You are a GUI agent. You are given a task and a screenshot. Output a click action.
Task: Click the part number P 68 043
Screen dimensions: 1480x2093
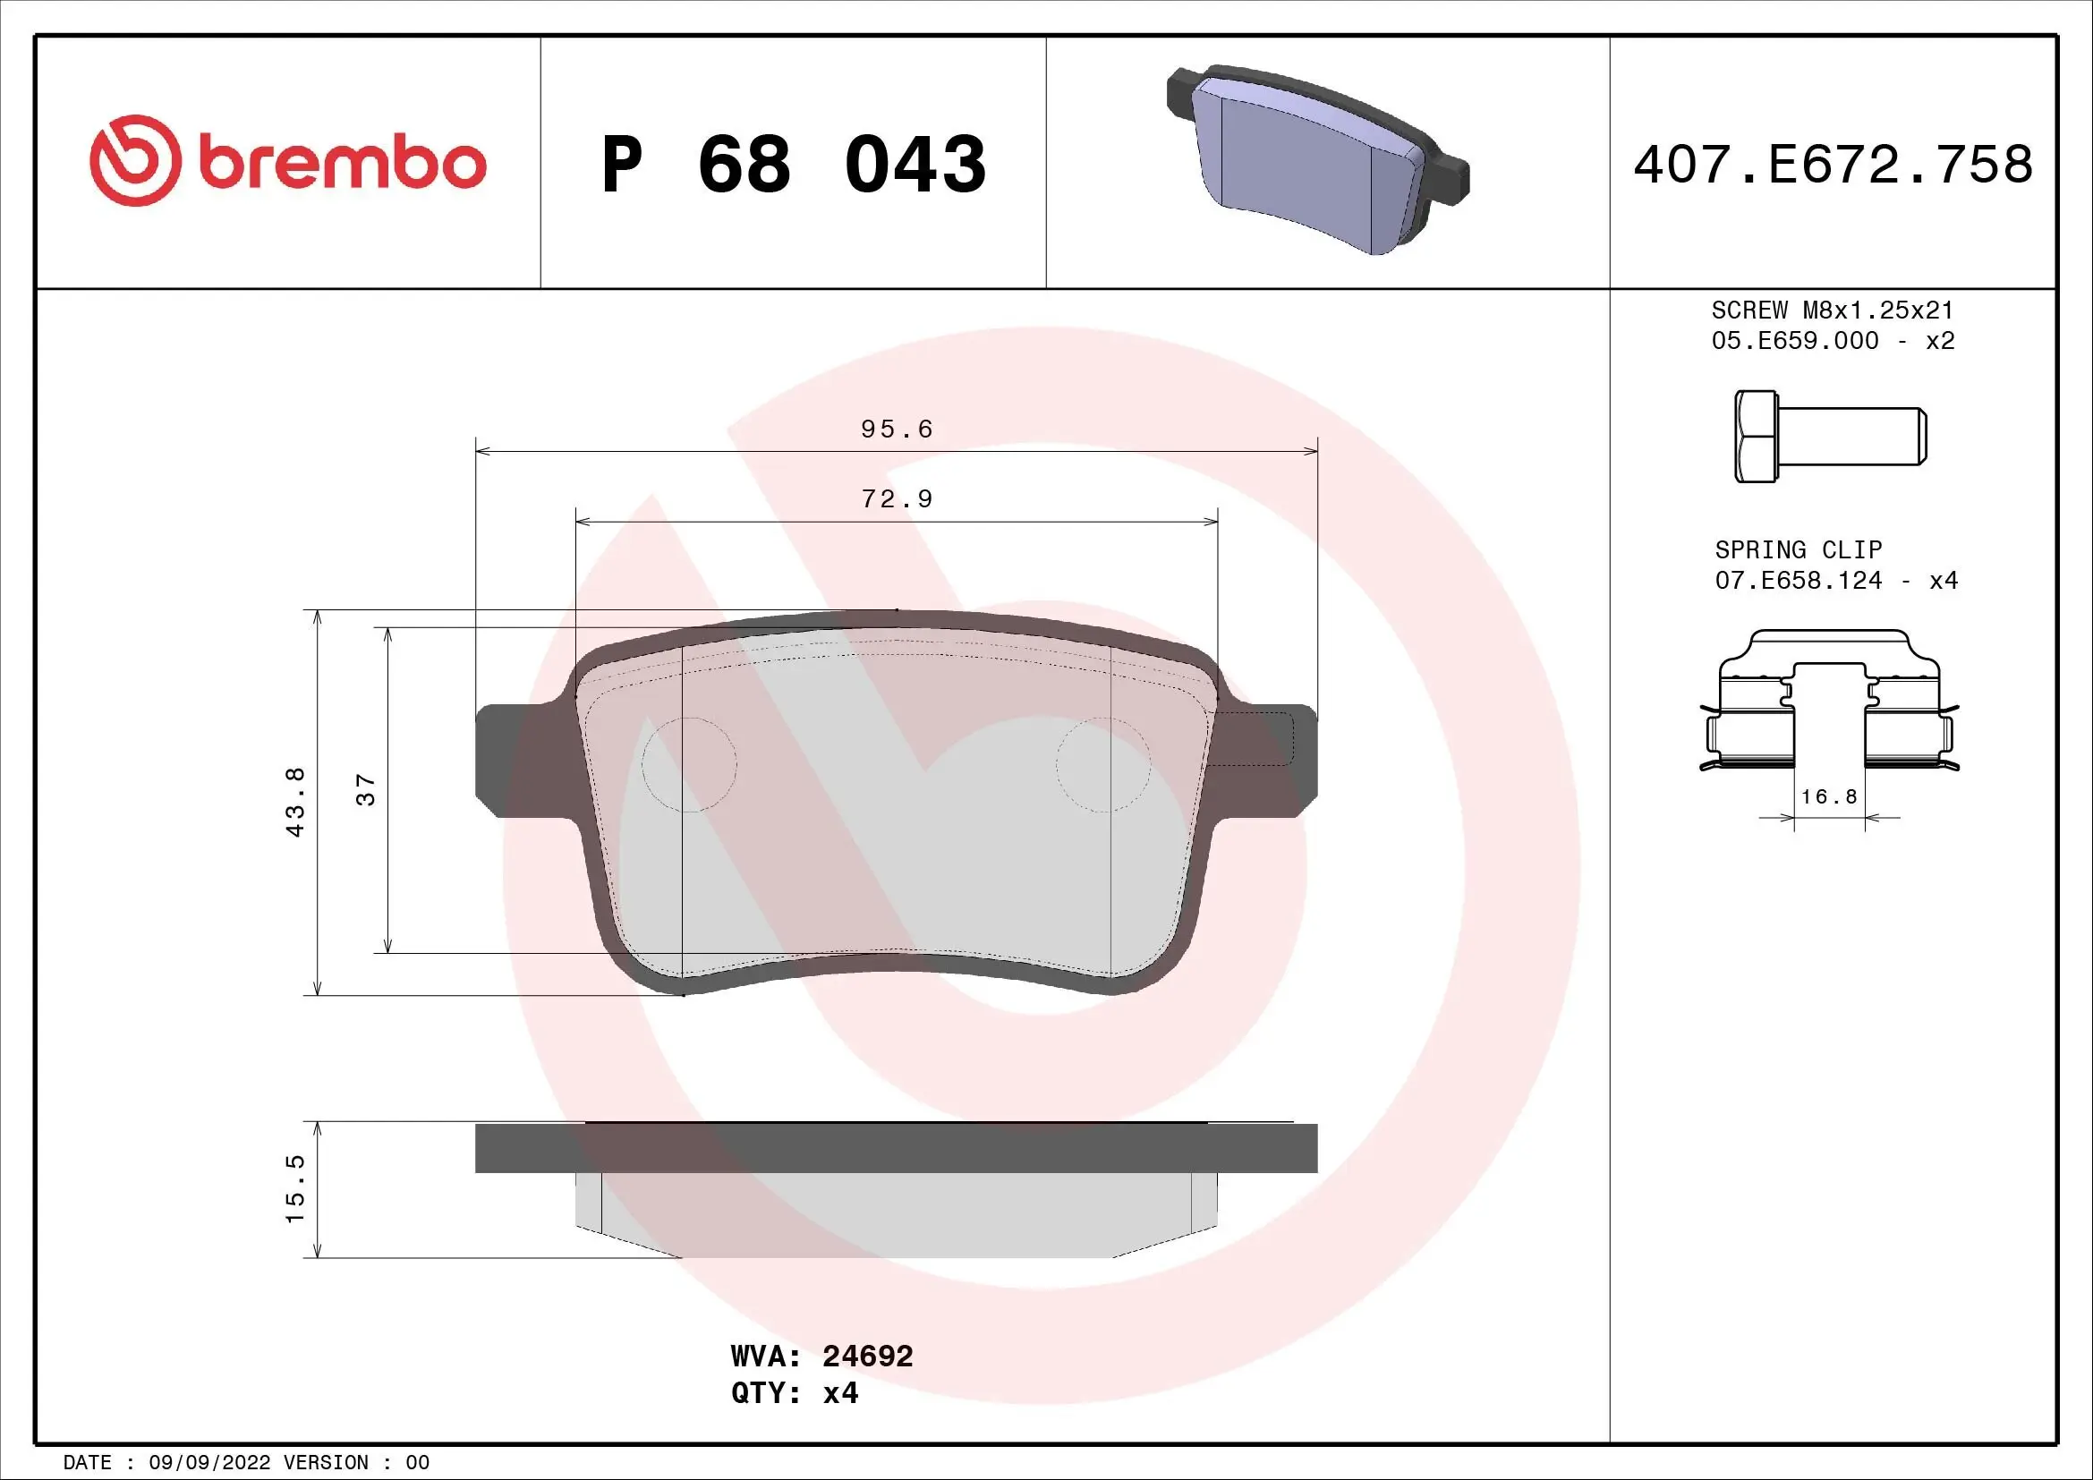(793, 165)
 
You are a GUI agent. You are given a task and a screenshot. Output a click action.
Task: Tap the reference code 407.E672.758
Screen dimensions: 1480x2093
(1833, 165)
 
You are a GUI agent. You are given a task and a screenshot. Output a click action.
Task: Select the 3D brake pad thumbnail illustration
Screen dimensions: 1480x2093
(1316, 160)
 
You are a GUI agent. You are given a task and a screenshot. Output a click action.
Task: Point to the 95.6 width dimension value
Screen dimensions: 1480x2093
(896, 430)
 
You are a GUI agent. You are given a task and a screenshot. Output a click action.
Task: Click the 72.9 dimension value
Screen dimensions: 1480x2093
(896, 499)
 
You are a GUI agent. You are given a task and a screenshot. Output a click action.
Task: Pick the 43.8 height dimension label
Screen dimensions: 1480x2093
(295, 802)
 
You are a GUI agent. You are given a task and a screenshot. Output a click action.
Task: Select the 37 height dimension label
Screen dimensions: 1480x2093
(366, 790)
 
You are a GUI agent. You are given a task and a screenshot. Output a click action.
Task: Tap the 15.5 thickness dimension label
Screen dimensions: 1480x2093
(295, 1189)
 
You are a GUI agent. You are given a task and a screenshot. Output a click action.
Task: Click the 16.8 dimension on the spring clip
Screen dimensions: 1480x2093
(1829, 797)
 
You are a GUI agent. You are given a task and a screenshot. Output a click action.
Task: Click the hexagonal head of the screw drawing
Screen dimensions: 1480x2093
(1756, 437)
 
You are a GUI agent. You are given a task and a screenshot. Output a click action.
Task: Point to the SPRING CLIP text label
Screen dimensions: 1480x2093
(1798, 550)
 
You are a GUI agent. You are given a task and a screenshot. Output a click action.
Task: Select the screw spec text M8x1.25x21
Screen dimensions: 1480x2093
(1878, 310)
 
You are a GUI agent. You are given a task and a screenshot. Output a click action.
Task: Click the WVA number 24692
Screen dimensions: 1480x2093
(867, 1356)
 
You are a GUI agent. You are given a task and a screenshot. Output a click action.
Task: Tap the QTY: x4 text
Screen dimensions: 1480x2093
(794, 1393)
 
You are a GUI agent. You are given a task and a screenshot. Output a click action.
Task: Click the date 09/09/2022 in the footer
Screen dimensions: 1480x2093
(208, 1463)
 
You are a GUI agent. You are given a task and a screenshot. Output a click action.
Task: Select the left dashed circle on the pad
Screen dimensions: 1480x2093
(689, 764)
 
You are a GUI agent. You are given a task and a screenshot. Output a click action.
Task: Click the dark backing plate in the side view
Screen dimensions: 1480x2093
(896, 1148)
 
